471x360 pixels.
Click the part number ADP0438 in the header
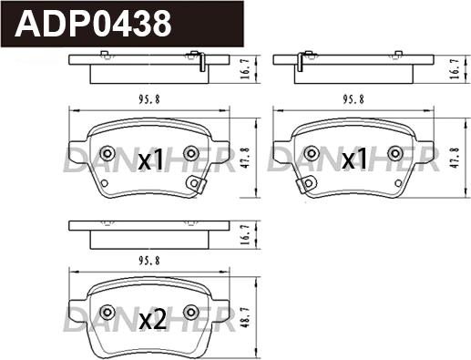pyautogui.click(x=93, y=24)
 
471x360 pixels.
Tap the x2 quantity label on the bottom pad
pyautogui.click(x=153, y=321)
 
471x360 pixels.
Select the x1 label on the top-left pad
pyautogui.click(x=150, y=160)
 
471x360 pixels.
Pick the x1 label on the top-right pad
pyautogui.click(x=354, y=159)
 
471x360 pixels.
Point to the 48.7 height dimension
pyautogui.click(x=246, y=319)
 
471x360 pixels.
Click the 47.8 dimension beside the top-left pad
pyautogui.click(x=246, y=158)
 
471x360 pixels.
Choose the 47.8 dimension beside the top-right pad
pyautogui.click(x=455, y=158)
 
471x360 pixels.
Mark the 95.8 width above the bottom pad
pyautogui.click(x=149, y=261)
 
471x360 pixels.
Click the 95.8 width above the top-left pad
pyautogui.click(x=149, y=99)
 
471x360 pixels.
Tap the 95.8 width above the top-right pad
pyautogui.click(x=353, y=99)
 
